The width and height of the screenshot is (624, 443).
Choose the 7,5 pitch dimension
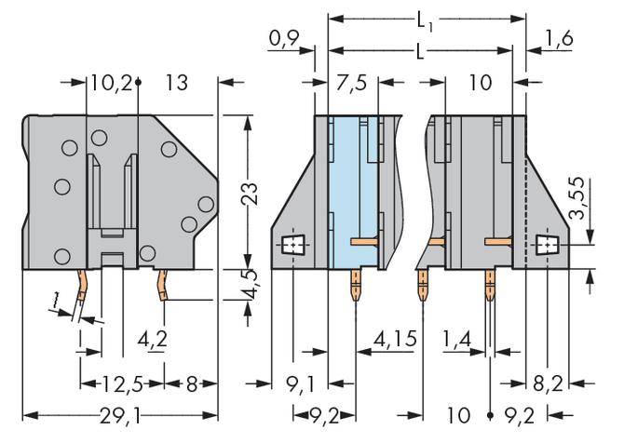[x=350, y=84]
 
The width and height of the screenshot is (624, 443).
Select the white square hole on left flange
[x=294, y=247]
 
